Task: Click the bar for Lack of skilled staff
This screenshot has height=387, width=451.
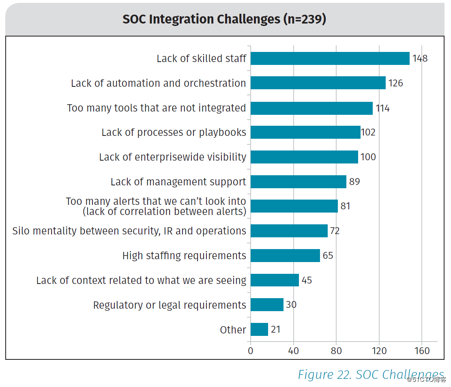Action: [330, 58]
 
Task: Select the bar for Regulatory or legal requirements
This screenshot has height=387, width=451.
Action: [267, 305]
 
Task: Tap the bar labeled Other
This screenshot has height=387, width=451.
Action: [259, 329]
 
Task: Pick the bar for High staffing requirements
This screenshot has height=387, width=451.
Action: [285, 256]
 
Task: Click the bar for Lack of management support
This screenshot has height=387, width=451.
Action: [298, 182]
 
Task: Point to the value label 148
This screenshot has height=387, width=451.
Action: [420, 58]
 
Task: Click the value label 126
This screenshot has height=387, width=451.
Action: [395, 83]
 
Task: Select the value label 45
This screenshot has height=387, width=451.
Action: [307, 280]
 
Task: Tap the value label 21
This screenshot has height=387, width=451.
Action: [275, 329]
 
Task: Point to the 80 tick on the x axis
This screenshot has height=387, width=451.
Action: [336, 351]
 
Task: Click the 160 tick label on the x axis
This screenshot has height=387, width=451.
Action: [422, 351]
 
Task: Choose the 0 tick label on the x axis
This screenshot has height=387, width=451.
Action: [251, 351]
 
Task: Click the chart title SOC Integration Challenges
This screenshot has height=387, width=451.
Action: [224, 19]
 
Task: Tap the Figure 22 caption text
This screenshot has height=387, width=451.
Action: [371, 374]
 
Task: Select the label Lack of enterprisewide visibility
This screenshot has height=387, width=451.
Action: [172, 157]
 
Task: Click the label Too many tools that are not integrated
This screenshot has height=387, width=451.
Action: [156, 108]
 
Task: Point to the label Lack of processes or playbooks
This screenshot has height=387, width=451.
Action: [174, 132]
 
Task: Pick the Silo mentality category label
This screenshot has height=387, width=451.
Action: [129, 231]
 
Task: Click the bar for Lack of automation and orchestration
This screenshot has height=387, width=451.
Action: [318, 83]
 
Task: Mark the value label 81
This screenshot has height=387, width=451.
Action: [345, 206]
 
